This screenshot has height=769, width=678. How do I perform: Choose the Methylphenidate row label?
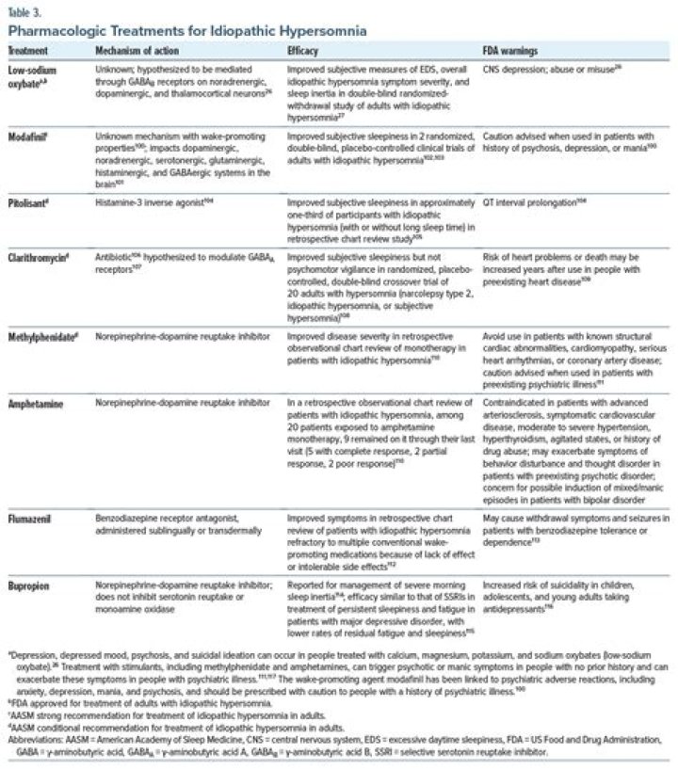(42, 335)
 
